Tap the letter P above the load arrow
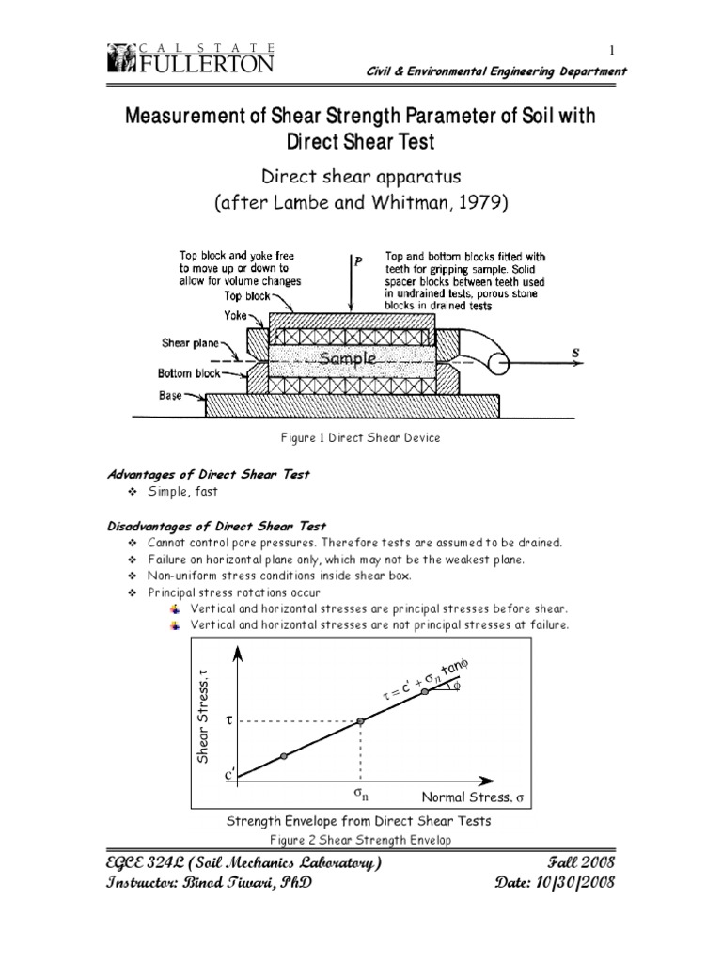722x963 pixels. coord(358,262)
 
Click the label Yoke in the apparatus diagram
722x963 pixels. coord(237,317)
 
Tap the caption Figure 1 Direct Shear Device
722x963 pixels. coord(360,437)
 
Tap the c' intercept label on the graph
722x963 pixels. coord(230,777)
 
